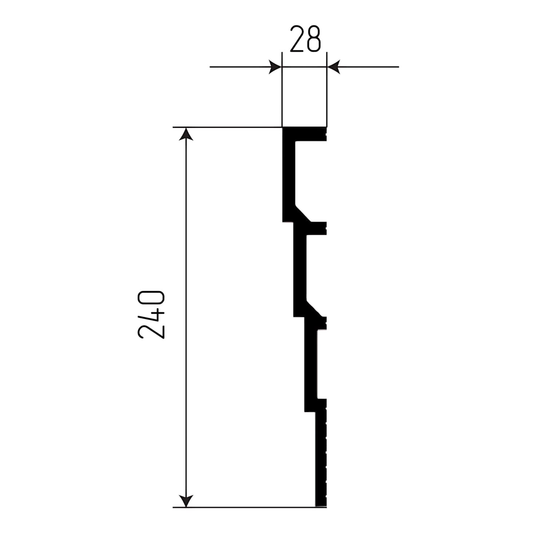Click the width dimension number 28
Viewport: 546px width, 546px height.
click(305, 39)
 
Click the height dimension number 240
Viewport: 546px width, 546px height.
click(152, 315)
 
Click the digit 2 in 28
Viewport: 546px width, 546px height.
click(297, 39)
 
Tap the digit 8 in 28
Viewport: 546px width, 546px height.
click(314, 39)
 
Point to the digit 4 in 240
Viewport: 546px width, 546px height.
click(152, 315)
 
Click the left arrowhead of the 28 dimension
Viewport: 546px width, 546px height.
click(276, 67)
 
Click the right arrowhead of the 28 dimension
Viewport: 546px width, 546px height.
click(333, 67)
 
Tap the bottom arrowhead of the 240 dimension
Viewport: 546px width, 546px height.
click(186, 500)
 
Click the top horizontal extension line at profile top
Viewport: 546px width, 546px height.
click(226, 127)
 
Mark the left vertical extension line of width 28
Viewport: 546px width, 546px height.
click(282, 95)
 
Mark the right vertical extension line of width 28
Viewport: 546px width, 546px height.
click(327, 95)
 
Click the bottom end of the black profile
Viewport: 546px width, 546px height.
click(321, 504)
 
